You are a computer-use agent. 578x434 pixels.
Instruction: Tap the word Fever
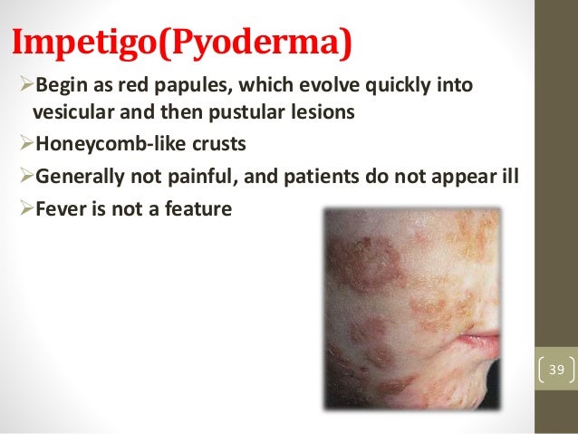pyautogui.click(x=55, y=207)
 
